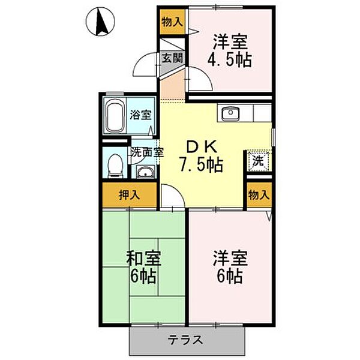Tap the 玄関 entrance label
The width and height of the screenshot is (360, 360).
tap(172, 59)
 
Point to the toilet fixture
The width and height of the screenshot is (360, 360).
tap(115, 164)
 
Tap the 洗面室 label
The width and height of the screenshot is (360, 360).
tap(148, 152)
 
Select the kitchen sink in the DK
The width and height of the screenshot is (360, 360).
tap(230, 113)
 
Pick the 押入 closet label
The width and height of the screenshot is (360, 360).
tap(128, 195)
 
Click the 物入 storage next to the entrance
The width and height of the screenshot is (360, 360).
tap(172, 22)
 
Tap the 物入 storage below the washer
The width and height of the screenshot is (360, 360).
tap(259, 195)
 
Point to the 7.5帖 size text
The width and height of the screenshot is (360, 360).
tap(200, 164)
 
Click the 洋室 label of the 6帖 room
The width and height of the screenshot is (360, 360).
tap(227, 259)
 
